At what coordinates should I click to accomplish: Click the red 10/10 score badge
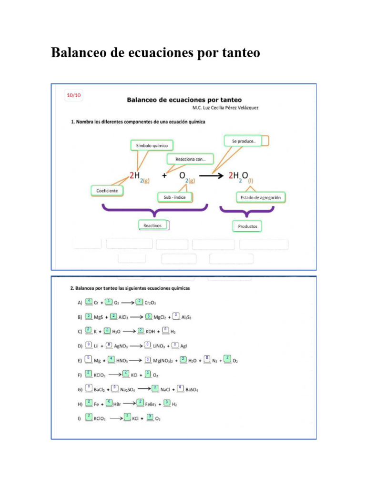click(x=74, y=95)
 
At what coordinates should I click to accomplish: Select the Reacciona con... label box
click(x=190, y=159)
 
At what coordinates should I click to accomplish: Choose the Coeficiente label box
click(x=107, y=191)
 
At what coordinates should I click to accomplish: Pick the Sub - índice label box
click(x=174, y=197)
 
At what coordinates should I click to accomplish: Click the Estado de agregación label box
click(x=260, y=197)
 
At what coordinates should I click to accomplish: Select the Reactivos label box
click(x=153, y=225)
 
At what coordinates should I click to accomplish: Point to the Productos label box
click(x=247, y=226)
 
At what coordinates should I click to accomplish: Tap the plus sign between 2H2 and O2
click(x=164, y=175)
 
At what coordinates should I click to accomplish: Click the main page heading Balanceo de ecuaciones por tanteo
click(x=155, y=52)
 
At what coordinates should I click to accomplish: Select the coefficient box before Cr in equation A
click(x=89, y=302)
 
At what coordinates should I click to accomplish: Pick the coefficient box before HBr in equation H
click(x=109, y=403)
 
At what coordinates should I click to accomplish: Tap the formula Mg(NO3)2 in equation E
click(x=163, y=361)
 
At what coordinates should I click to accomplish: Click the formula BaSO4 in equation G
click(x=192, y=390)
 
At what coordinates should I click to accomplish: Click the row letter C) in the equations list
click(x=80, y=331)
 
